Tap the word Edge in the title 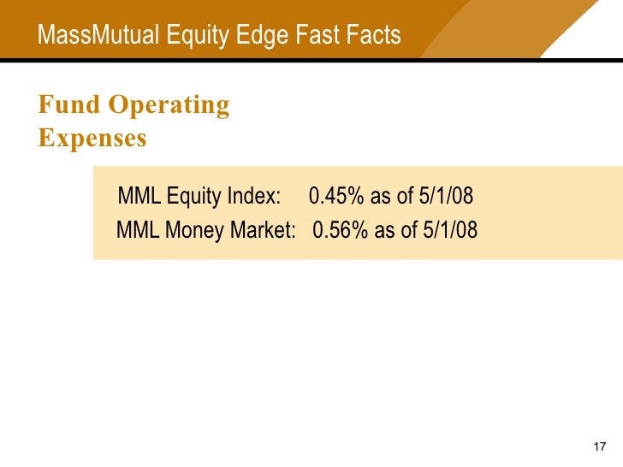tap(257, 35)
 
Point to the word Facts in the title tap(373, 35)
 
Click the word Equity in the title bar tap(197, 35)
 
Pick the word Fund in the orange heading tap(69, 105)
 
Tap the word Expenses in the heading tap(92, 138)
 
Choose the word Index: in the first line tap(254, 197)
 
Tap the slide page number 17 tap(599, 448)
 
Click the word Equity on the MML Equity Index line tap(194, 197)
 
